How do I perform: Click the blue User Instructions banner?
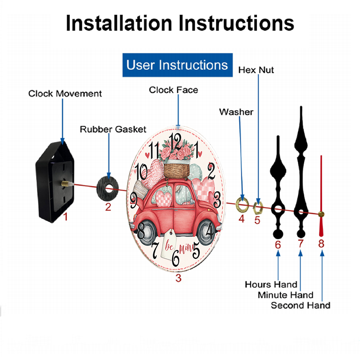[x=177, y=65]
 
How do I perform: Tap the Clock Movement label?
[x=65, y=94]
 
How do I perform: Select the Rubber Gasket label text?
[x=113, y=129]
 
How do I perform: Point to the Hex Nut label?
[x=256, y=70]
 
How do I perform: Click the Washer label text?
[x=236, y=112]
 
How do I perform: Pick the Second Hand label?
[x=301, y=305]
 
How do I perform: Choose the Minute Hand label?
[x=285, y=295]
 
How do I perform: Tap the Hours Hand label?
[x=271, y=284]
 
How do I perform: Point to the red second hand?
[x=321, y=195]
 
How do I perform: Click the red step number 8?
[x=321, y=244]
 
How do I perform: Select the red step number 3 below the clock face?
[x=179, y=278]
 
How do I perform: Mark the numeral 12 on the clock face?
[x=175, y=142]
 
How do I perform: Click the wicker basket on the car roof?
[x=177, y=170]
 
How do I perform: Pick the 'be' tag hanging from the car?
[x=169, y=244]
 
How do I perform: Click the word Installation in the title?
[x=119, y=23]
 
